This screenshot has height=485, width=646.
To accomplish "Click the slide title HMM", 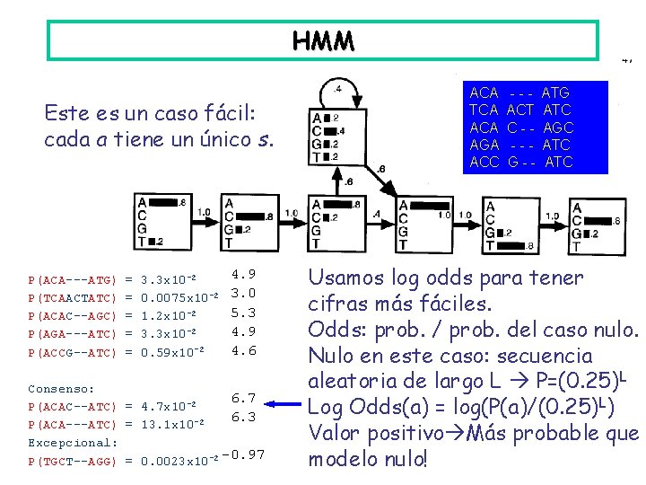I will point(323,40).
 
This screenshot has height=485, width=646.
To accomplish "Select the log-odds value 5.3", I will point(244,313).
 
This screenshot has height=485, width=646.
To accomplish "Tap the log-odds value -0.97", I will point(244,454).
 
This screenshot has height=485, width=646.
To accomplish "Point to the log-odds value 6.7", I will point(245,398).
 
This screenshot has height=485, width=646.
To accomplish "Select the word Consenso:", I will point(61,389).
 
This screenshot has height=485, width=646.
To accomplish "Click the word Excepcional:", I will point(73,443).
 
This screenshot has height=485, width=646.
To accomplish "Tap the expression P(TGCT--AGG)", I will point(73,461).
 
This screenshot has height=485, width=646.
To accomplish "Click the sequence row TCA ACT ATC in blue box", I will point(520,110).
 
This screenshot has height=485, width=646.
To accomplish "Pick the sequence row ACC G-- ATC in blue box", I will point(520,163).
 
